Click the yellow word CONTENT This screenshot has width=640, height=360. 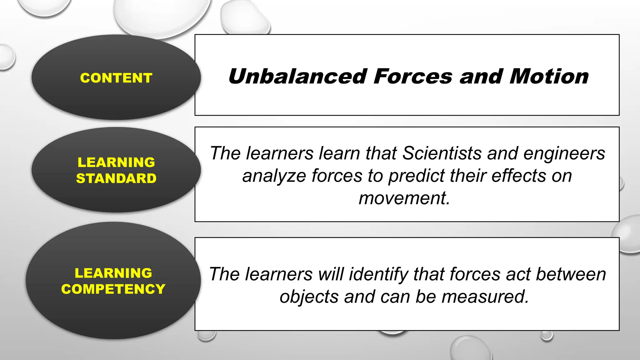point(116,78)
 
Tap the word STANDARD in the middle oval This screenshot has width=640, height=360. point(116,178)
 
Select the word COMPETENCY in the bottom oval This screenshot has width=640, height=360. point(113,289)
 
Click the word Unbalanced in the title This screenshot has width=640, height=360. point(297,77)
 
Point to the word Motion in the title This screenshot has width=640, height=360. point(549,77)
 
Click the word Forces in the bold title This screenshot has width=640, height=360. point(413,77)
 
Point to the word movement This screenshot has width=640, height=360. point(404,198)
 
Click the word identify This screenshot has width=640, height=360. point(378,274)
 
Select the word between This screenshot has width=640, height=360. point(571,274)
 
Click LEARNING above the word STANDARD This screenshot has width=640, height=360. point(116,162)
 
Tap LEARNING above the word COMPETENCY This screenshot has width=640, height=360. point(113,273)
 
